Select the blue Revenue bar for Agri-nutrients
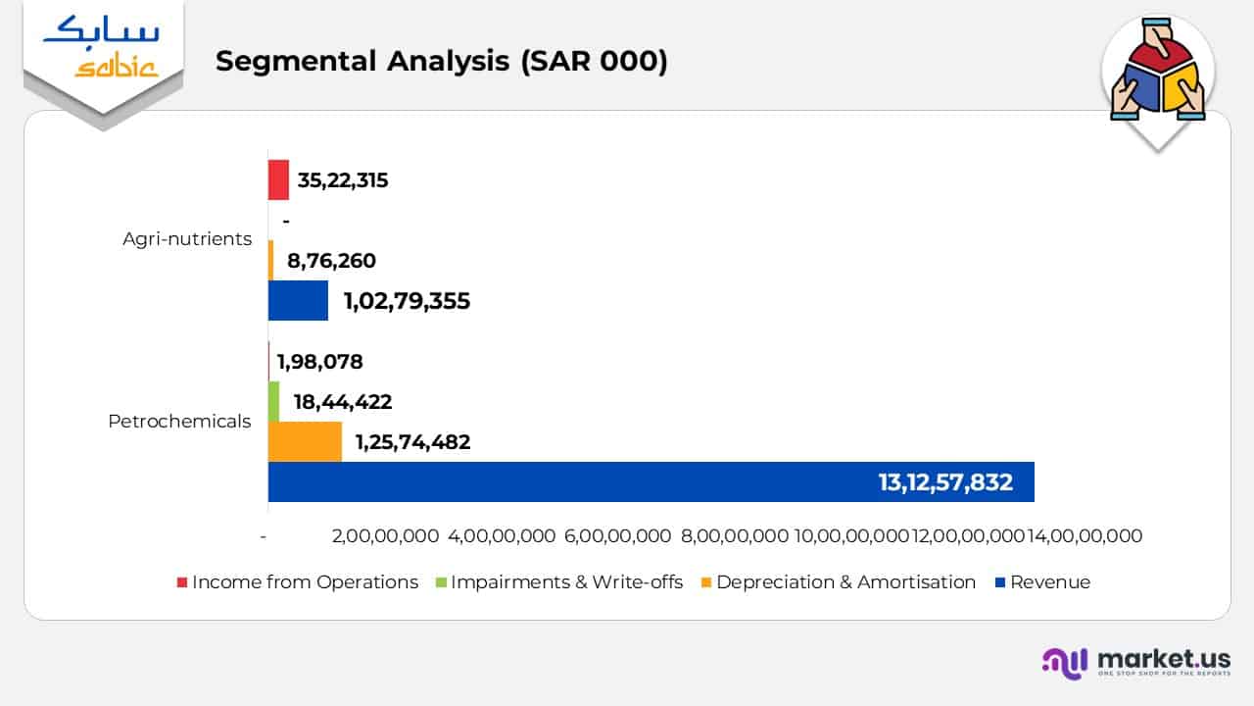coord(298,300)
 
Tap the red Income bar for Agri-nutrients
coord(278,180)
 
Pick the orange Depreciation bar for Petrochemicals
coord(305,441)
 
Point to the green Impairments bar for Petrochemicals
coord(273,401)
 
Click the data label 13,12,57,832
coord(945,482)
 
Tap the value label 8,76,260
coord(331,261)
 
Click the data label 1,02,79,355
coord(407,301)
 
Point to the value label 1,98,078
coord(319,362)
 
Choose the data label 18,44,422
coord(343,402)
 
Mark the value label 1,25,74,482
coord(412,442)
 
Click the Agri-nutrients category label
coord(187,239)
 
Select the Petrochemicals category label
coord(179,422)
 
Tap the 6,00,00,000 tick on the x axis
coord(618,536)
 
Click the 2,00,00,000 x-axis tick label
coord(385,536)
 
